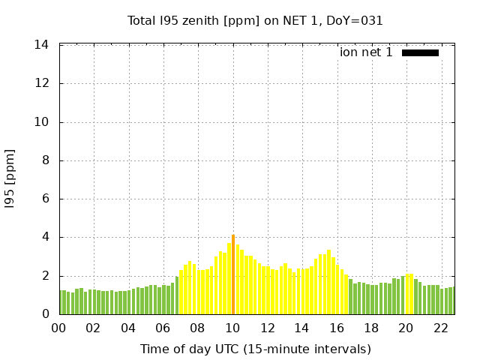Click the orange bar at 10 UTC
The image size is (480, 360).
click(x=233, y=274)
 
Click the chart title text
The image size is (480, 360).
click(x=255, y=21)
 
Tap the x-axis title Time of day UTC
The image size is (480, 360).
click(x=255, y=349)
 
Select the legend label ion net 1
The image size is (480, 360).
click(x=366, y=52)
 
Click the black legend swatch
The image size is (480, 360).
click(x=420, y=52)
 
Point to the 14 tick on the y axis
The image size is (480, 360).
click(x=42, y=45)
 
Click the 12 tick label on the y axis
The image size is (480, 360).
click(x=42, y=83)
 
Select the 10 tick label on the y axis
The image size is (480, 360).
click(x=42, y=122)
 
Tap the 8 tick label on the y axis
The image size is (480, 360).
click(x=45, y=160)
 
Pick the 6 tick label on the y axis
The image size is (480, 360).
click(x=45, y=199)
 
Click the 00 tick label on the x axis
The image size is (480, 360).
click(x=59, y=328)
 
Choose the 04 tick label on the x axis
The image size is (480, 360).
click(x=128, y=328)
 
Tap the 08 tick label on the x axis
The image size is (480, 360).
click(x=198, y=328)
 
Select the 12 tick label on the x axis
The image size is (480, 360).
click(x=267, y=328)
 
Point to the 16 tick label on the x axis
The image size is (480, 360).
click(x=336, y=328)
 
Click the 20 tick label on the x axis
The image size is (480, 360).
click(x=406, y=328)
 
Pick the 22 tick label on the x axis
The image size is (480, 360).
click(x=440, y=328)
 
